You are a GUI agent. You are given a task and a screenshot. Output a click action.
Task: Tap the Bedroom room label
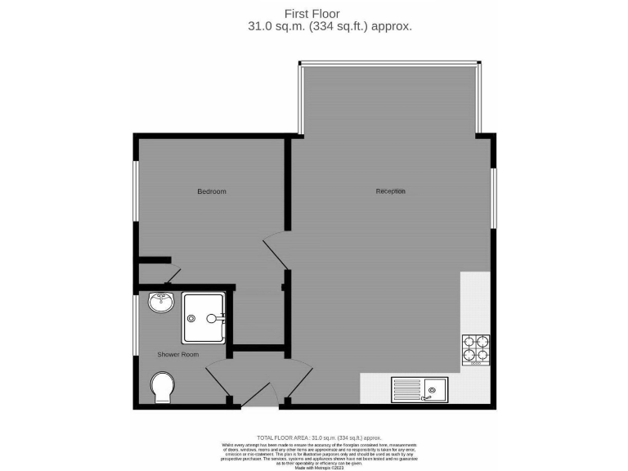[x=212, y=191]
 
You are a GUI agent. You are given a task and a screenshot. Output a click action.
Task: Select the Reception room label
[x=390, y=191]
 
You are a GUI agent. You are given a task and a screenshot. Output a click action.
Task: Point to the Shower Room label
[x=178, y=354]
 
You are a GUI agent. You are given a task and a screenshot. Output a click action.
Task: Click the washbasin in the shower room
[x=162, y=304]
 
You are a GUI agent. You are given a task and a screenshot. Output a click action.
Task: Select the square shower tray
[x=204, y=318]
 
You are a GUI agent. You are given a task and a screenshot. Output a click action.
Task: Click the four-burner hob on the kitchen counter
[x=476, y=348]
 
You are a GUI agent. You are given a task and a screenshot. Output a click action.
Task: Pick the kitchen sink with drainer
[x=418, y=388]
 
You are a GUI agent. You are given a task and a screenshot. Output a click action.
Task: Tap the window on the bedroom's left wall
[x=137, y=190]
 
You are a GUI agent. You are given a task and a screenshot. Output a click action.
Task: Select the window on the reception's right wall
[x=493, y=199]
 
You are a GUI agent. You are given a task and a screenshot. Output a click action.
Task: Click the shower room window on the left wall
[x=137, y=325]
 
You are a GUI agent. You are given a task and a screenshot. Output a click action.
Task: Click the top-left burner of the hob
[x=470, y=342]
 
